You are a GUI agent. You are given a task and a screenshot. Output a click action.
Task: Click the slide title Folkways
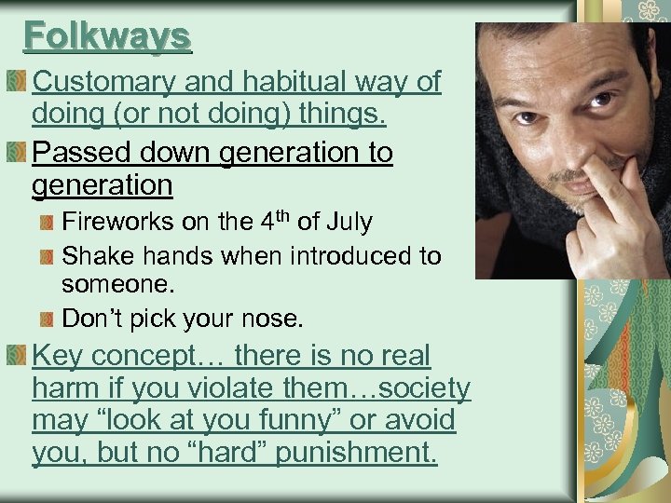[x=107, y=36]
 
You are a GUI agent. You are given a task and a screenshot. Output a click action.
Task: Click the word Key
[x=58, y=356]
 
